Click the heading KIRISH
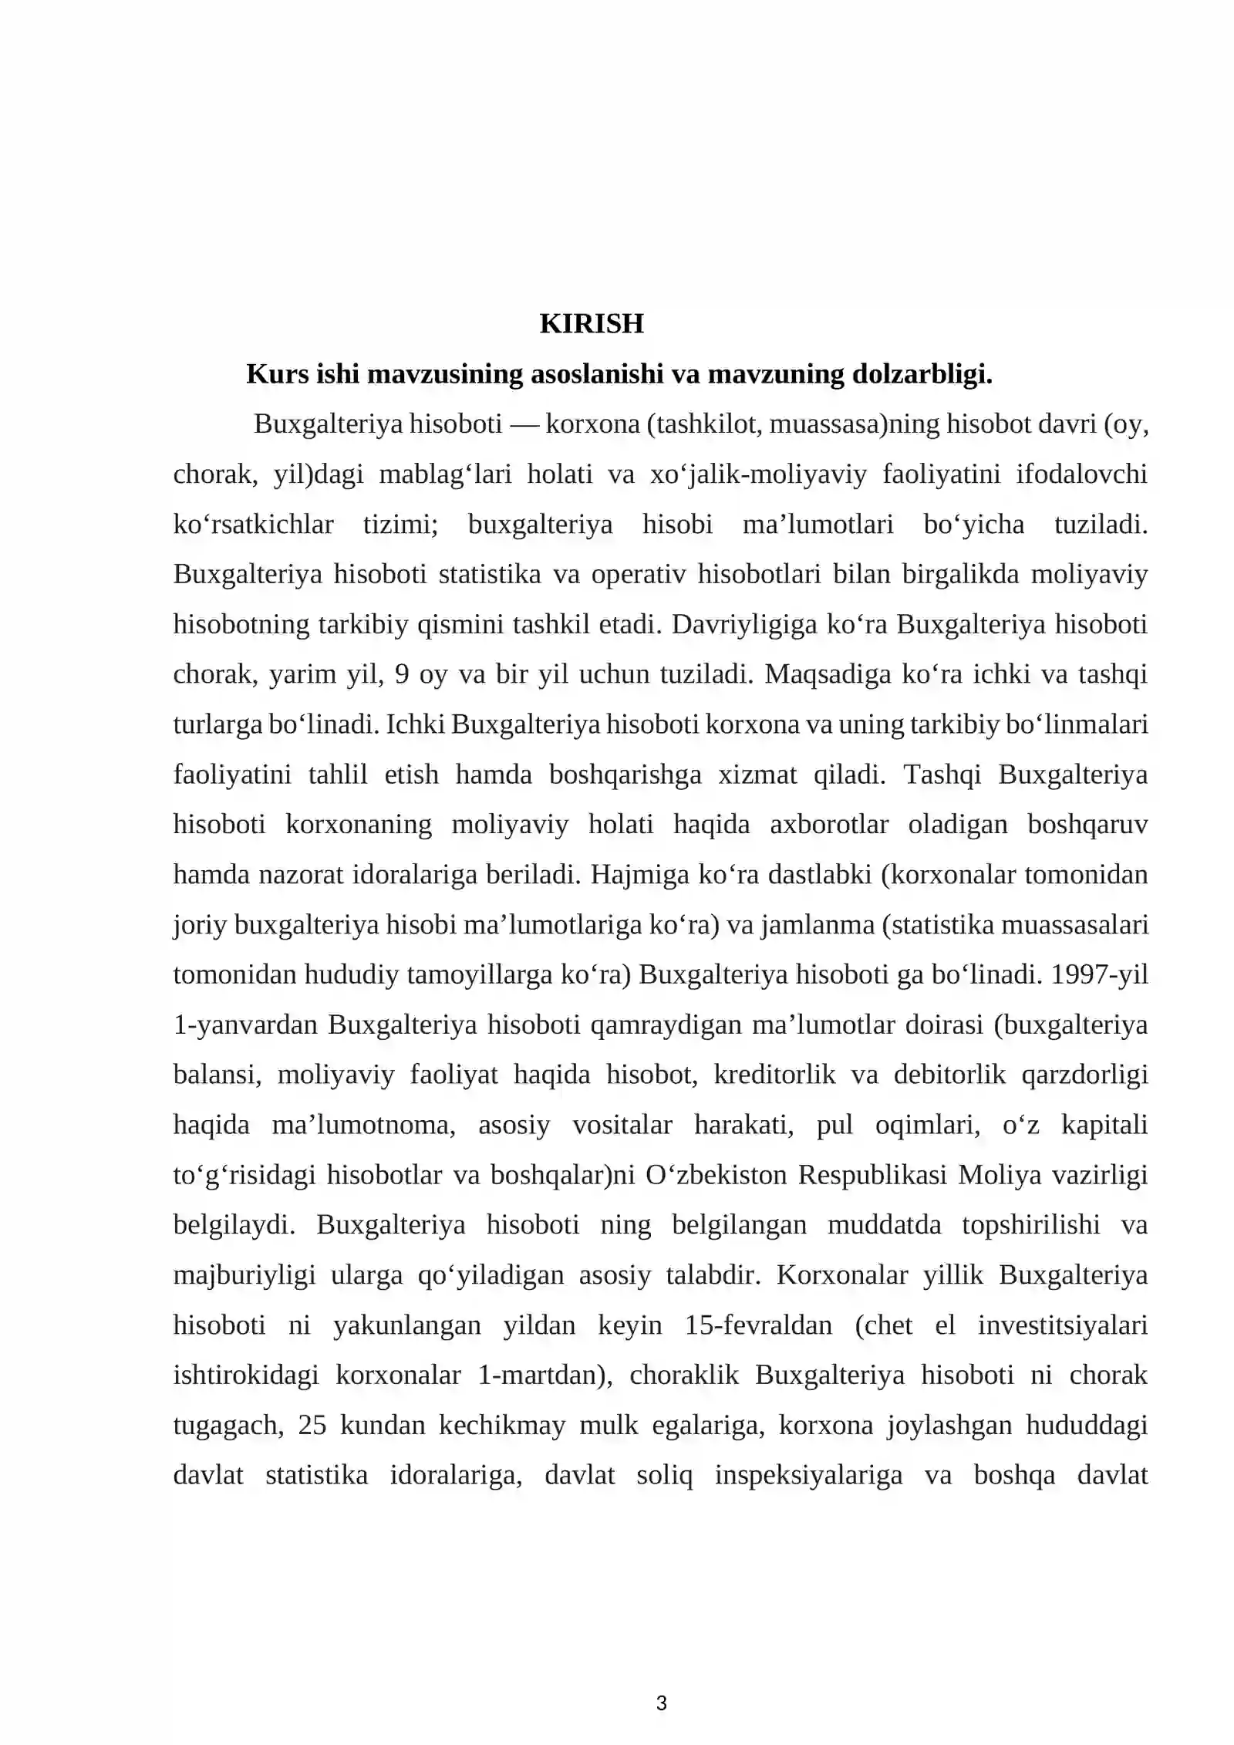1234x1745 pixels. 591,324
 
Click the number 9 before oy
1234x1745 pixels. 401,675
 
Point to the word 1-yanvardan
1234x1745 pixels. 245,1025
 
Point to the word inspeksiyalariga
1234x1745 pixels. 808,1475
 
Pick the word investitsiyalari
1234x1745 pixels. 1063,1325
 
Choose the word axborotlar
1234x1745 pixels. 829,825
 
